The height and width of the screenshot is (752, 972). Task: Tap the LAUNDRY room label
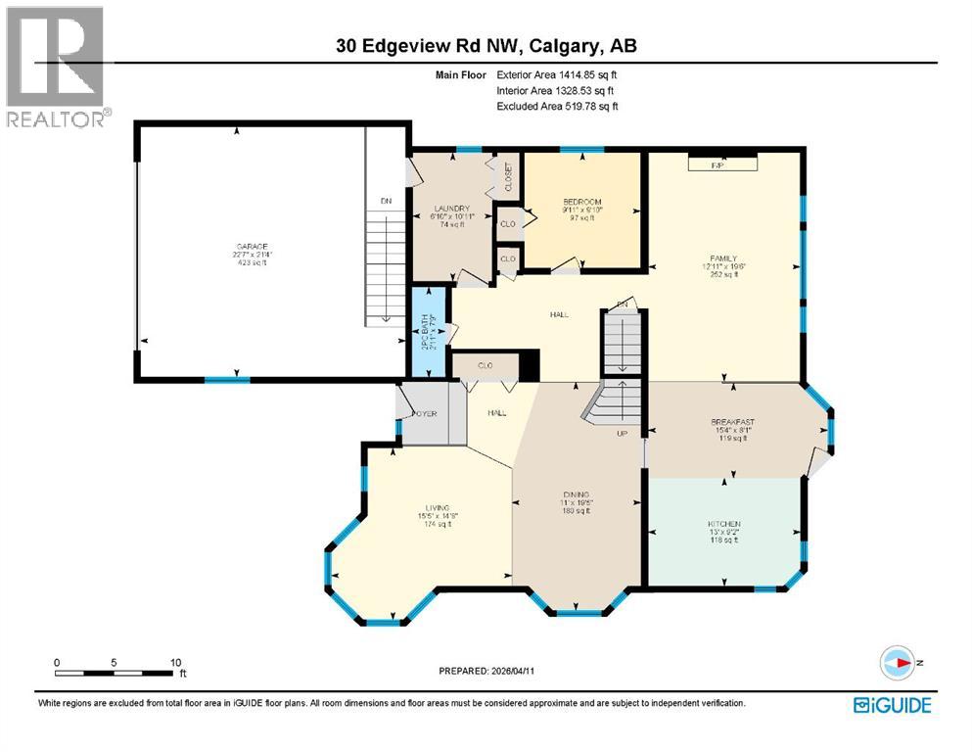[453, 209]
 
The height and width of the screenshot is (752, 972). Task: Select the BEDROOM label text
[581, 202]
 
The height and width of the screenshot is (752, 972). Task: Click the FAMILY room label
[722, 258]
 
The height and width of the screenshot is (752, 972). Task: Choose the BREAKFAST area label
[732, 422]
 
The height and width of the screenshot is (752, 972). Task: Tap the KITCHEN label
[724, 524]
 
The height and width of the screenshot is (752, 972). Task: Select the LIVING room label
[424, 507]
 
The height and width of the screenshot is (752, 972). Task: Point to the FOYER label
[423, 413]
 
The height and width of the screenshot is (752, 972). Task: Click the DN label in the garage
[386, 202]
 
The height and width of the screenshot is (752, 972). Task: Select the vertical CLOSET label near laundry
[508, 177]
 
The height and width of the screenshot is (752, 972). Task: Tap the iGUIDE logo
[892, 705]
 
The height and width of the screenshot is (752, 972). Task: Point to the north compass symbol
[896, 663]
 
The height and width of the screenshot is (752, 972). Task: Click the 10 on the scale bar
[174, 662]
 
